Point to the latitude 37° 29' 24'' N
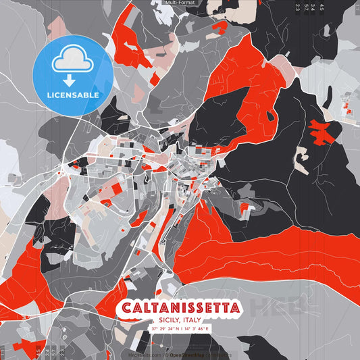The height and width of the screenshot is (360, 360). pos(165,329)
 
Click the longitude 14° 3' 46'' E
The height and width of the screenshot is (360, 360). pos(197,329)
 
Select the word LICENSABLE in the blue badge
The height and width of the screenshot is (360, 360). pos(73,95)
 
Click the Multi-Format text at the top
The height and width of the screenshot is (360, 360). pos(180,3)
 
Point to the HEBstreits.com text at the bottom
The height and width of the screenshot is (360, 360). pos(145,354)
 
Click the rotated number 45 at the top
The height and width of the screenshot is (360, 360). pos(322,8)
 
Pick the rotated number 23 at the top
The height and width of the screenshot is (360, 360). pos(298,8)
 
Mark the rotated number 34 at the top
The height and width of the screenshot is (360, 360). pos(313,8)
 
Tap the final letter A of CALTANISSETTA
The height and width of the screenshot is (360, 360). pos(234,309)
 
